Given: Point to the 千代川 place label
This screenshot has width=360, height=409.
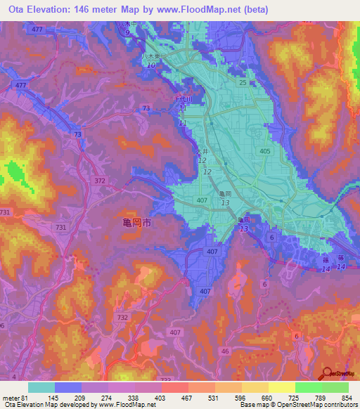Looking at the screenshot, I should coord(184,100).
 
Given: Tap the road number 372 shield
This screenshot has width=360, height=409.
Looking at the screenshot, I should coord(100,181).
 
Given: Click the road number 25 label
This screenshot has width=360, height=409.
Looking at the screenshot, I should coord(242,83).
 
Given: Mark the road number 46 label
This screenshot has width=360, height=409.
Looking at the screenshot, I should coord(225,351).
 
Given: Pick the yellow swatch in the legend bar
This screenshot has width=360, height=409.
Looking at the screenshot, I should coord(281,387).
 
